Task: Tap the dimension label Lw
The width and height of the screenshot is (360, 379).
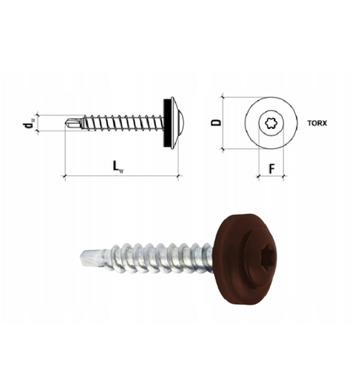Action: pyautogui.click(x=118, y=166)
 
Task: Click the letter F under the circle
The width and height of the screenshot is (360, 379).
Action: pyautogui.click(x=271, y=168)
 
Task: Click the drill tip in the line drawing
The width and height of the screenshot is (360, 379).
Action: pyautogui.click(x=71, y=123)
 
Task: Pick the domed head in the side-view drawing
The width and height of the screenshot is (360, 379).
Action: pyautogui.click(x=174, y=123)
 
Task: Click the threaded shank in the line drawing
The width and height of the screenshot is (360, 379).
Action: pyautogui.click(x=118, y=123)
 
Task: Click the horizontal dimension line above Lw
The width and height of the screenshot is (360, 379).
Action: pyautogui.click(x=118, y=176)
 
